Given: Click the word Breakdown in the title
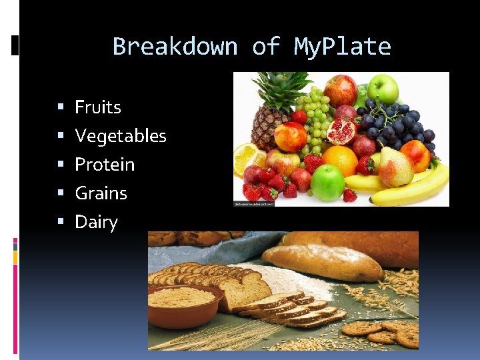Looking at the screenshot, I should (x=175, y=47).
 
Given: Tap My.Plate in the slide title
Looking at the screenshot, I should (x=342, y=47).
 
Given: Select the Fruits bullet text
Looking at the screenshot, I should (x=98, y=107).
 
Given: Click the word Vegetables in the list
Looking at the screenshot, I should (x=121, y=136).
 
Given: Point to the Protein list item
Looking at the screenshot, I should (x=105, y=165).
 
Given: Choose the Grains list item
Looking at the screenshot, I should (x=101, y=193).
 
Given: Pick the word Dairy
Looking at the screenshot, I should (x=96, y=222).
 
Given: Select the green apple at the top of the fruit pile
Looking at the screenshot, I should (x=383, y=89).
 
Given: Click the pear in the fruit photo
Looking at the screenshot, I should (x=396, y=167).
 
